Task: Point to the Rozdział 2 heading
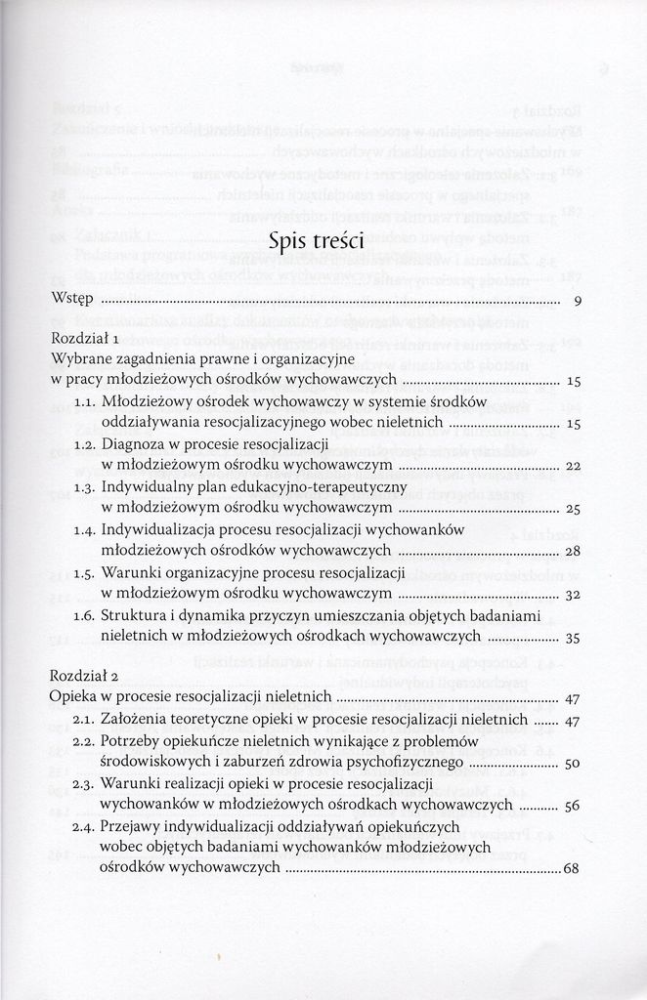click(x=84, y=679)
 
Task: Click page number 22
click(x=574, y=466)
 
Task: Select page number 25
click(x=574, y=509)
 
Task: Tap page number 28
click(x=574, y=552)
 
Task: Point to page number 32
click(x=574, y=594)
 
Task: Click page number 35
click(x=574, y=637)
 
